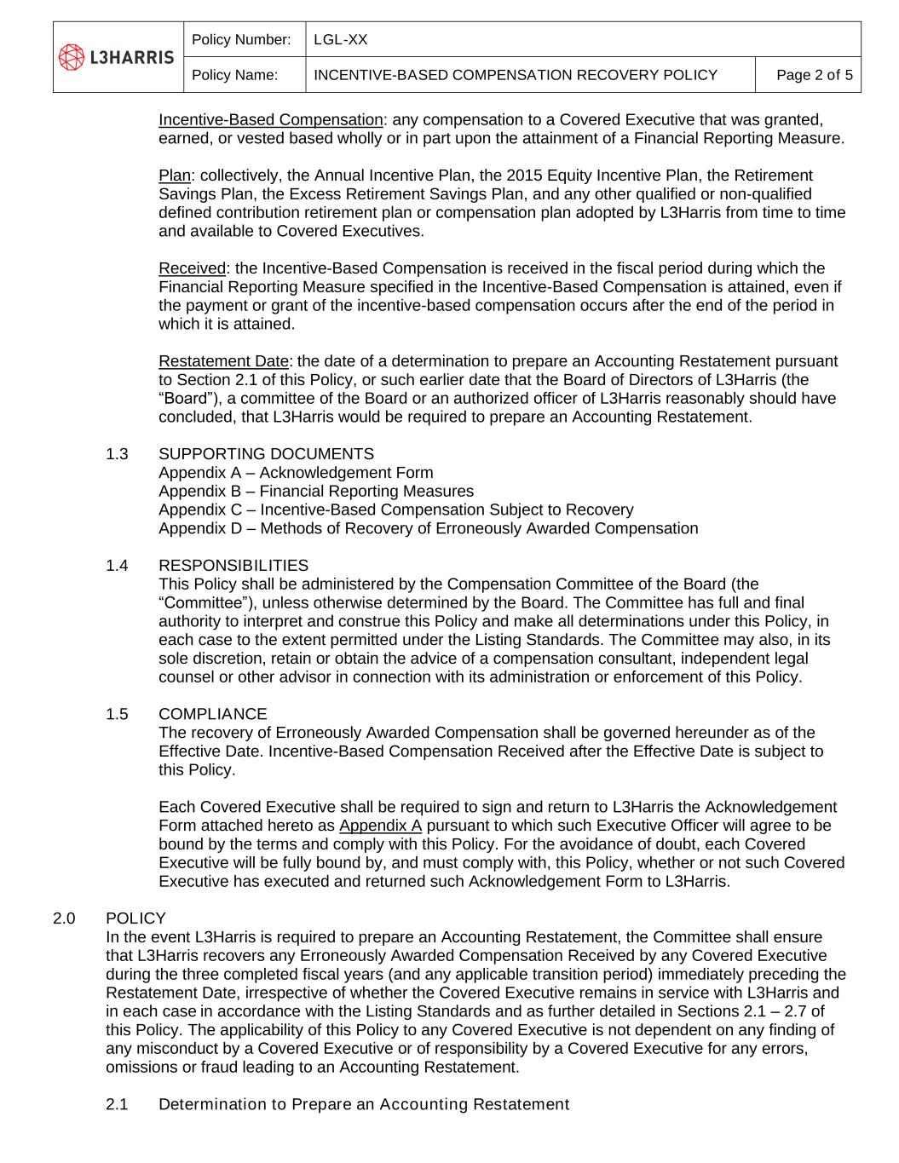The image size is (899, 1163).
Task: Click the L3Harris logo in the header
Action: (x=117, y=57)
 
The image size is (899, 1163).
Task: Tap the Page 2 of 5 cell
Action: (x=814, y=75)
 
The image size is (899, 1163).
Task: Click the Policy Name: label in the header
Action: (x=235, y=75)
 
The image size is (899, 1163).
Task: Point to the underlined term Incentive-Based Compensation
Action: (x=271, y=120)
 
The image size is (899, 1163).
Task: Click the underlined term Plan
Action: (x=175, y=176)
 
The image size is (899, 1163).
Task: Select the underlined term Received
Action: (x=193, y=268)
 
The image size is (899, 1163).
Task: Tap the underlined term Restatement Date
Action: (x=224, y=361)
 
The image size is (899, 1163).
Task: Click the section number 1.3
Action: (x=118, y=454)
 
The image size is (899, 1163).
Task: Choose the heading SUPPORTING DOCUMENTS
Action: (x=266, y=454)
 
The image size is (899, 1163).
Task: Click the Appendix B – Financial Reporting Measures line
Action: (x=316, y=492)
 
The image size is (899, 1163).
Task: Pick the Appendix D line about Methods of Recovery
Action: (x=428, y=528)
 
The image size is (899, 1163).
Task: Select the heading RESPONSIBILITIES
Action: (x=233, y=566)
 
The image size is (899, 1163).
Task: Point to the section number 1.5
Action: (x=118, y=714)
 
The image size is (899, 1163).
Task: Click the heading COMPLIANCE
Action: (x=213, y=714)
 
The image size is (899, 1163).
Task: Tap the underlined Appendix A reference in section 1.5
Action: (x=380, y=826)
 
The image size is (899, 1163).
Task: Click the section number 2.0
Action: (x=65, y=918)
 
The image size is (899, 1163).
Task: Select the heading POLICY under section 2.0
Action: (x=135, y=918)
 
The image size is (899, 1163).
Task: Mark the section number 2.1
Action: (x=118, y=1105)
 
